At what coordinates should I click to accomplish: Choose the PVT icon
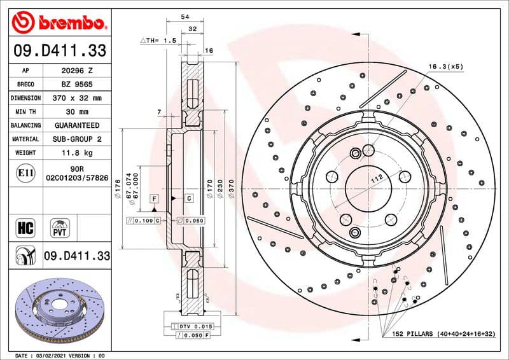tap(60, 227)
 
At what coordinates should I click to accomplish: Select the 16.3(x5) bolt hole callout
tap(445, 66)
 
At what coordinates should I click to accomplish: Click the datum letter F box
tap(154, 199)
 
